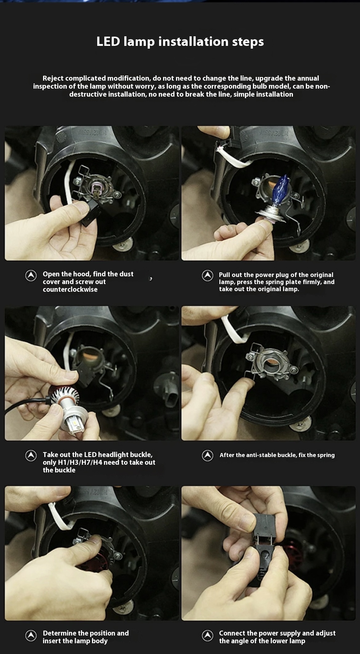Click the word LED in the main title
point(108,42)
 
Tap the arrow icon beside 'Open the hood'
point(31,276)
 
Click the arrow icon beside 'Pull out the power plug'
point(207,276)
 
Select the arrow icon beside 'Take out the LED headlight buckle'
point(31,456)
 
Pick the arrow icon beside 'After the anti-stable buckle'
point(207,456)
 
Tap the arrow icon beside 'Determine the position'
point(31,636)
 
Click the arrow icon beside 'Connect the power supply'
point(207,636)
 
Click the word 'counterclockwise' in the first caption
point(70,289)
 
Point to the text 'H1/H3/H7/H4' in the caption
point(80,462)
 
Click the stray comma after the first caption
point(151,279)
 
